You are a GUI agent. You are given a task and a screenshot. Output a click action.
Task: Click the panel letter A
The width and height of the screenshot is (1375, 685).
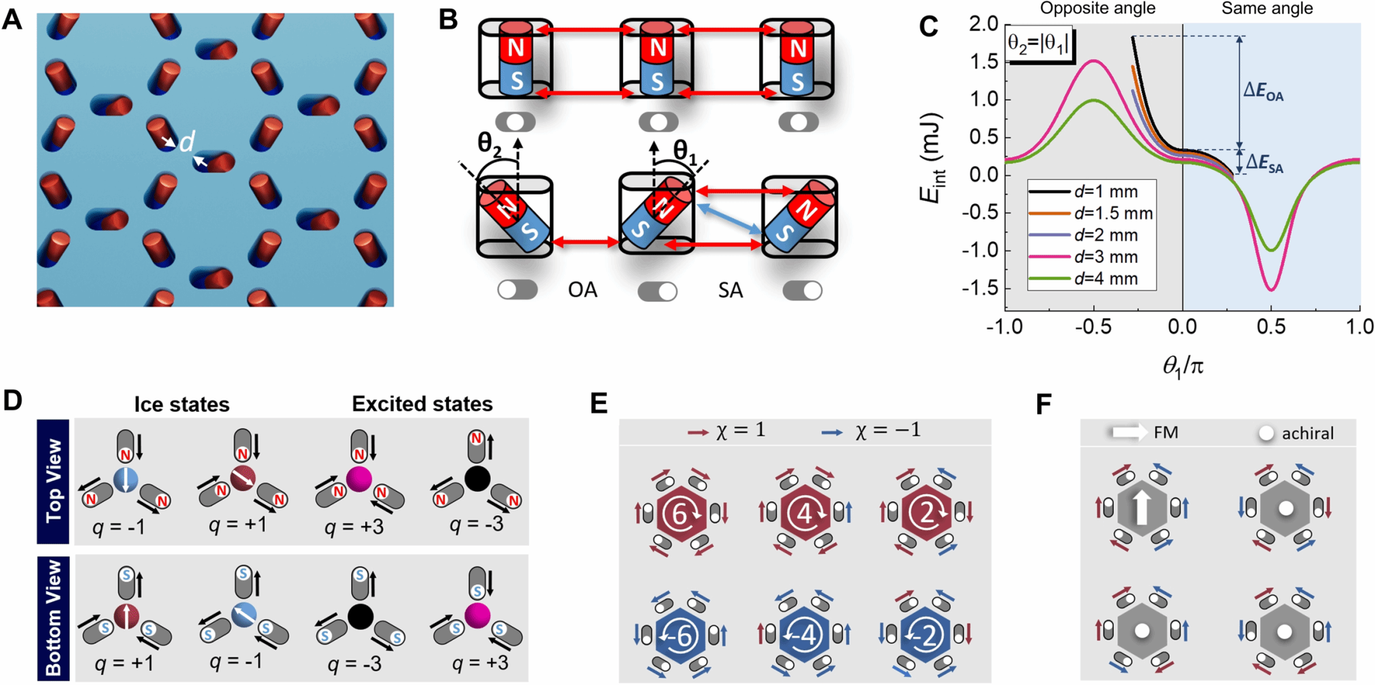(12, 20)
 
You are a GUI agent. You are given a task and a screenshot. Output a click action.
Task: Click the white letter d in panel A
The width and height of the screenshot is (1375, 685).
(187, 142)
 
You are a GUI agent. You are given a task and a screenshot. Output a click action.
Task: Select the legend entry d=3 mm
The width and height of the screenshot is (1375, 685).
(1106, 256)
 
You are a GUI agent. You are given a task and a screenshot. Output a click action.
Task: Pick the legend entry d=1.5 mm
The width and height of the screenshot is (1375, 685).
(1113, 213)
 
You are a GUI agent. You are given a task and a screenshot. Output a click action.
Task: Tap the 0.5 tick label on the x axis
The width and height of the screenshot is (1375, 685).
(1271, 327)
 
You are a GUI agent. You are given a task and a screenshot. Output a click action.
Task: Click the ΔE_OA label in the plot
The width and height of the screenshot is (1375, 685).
(1263, 91)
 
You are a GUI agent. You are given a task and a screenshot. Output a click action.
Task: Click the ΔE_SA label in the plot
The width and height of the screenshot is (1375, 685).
(1264, 163)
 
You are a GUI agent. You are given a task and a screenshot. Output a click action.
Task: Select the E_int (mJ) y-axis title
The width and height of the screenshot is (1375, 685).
(931, 158)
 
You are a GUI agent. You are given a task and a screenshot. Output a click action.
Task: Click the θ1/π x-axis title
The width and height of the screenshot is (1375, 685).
(1182, 366)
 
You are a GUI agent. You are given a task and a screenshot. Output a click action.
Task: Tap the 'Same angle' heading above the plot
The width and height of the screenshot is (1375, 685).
(1267, 9)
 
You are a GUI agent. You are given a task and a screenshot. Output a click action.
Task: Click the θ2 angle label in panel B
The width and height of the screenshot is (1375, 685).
(489, 143)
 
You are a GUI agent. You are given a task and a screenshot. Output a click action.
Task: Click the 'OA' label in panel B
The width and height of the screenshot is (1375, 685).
(582, 290)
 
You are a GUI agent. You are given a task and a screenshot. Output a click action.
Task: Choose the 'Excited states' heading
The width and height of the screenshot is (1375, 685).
(422, 404)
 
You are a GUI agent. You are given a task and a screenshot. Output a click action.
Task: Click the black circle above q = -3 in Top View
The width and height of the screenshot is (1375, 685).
(477, 478)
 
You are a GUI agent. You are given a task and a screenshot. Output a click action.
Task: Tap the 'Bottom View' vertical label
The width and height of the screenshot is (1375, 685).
(54, 617)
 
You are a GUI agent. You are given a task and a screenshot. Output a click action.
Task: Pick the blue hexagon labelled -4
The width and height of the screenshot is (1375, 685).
(804, 635)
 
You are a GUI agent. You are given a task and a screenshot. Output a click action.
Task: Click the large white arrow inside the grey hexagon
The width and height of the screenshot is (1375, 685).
(1141, 507)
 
